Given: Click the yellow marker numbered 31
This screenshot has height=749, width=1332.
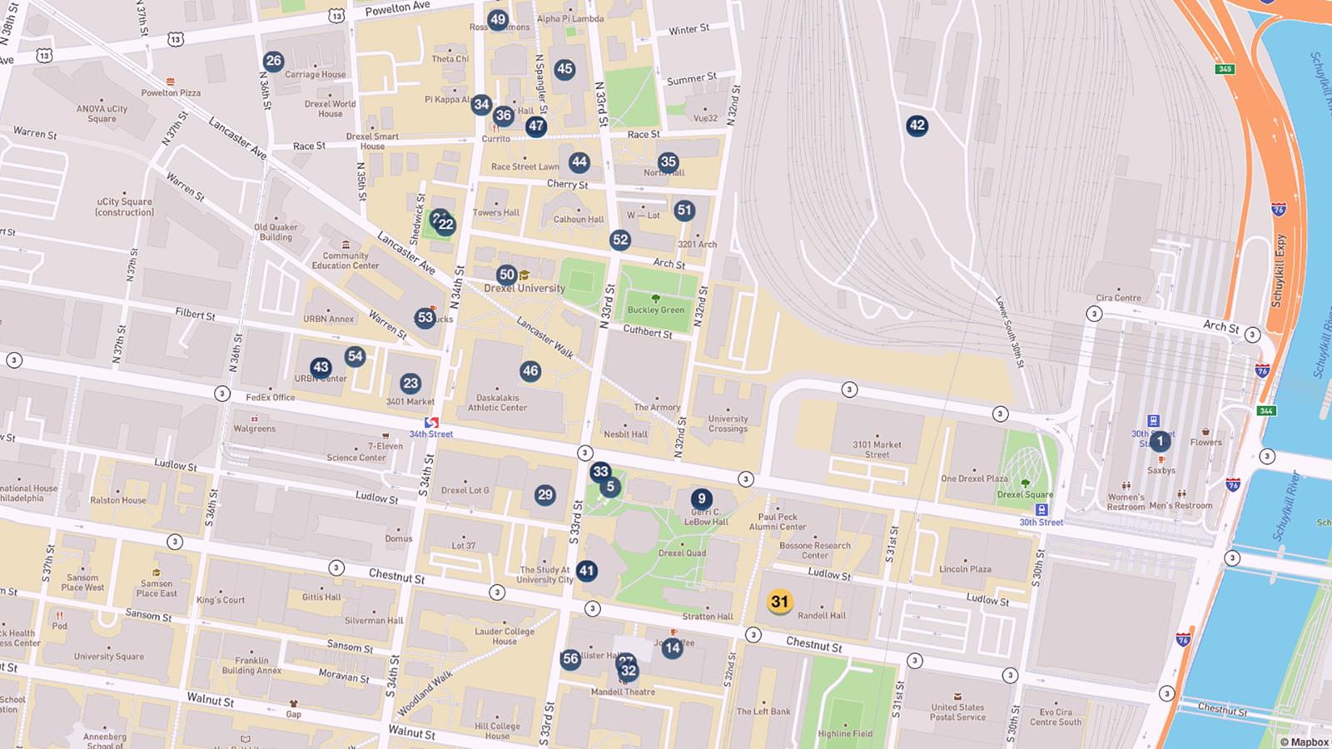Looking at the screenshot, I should click(x=779, y=602).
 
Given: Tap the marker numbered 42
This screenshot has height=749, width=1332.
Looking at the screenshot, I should click(x=917, y=126).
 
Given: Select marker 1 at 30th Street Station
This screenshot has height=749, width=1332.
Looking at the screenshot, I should click(x=1160, y=441).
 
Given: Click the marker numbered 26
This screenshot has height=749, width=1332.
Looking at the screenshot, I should click(x=273, y=61).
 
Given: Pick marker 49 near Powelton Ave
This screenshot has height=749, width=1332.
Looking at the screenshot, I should click(x=498, y=19).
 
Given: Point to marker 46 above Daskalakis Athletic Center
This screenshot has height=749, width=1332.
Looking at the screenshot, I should click(x=530, y=371).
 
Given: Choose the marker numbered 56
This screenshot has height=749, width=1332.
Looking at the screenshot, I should click(x=570, y=659).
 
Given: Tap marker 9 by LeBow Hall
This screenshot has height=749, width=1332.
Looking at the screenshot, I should click(x=701, y=499).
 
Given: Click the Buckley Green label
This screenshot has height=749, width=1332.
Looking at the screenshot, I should click(x=656, y=310).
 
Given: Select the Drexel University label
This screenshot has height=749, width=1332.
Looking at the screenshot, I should click(x=524, y=288).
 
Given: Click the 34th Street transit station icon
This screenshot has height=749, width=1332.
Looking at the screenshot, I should click(x=431, y=423).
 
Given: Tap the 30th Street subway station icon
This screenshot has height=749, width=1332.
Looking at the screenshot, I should click(x=1041, y=509).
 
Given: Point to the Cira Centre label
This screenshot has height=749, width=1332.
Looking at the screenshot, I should click(x=1118, y=298).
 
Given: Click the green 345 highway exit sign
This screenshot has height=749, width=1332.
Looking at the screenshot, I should click(x=1225, y=69).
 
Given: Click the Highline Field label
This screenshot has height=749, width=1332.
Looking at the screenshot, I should click(x=845, y=733).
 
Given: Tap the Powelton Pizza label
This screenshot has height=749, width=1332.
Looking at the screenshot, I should click(x=171, y=92).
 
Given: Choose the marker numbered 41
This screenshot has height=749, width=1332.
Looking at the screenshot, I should click(x=587, y=571).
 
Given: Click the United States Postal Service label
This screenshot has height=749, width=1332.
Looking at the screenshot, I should click(x=957, y=712).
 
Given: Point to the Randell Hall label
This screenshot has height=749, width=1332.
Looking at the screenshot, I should click(x=822, y=616).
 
